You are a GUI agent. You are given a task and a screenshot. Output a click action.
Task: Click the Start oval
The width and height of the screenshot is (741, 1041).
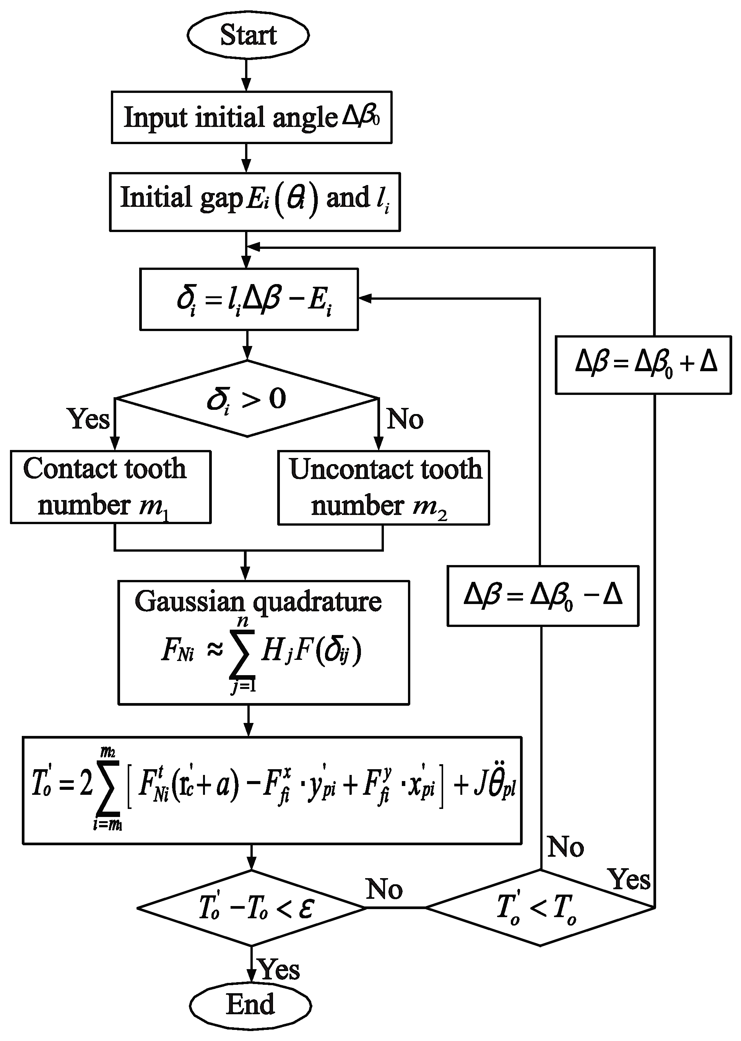pyautogui.click(x=248, y=35)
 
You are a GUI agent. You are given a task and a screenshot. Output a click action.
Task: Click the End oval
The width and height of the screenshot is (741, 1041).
pyautogui.click(x=250, y=1004)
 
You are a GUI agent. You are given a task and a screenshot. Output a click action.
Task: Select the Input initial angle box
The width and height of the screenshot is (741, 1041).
pyautogui.click(x=252, y=117)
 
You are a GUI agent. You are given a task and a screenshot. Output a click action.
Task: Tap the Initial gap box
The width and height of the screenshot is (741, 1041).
pyautogui.click(x=255, y=201)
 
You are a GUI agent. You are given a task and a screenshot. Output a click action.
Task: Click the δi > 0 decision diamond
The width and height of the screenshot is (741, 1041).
pyautogui.click(x=247, y=399)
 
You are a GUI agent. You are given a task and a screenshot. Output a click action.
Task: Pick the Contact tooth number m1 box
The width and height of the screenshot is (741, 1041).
pyautogui.click(x=110, y=487)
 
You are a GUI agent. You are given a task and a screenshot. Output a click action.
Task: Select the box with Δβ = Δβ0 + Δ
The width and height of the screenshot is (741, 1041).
pyautogui.click(x=642, y=364)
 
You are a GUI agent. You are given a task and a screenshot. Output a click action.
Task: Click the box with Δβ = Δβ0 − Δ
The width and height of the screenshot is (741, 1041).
pyautogui.click(x=543, y=596)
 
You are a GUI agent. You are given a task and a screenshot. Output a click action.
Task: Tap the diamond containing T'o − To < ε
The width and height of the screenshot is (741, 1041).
pyautogui.click(x=252, y=908)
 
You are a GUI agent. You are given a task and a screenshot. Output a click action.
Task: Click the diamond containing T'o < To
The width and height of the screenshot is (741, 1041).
pyautogui.click(x=540, y=908)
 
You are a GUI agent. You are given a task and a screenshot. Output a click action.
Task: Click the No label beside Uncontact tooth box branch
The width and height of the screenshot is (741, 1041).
pyautogui.click(x=405, y=419)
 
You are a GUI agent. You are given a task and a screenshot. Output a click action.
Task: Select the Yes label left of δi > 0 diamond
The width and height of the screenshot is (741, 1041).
pyautogui.click(x=89, y=418)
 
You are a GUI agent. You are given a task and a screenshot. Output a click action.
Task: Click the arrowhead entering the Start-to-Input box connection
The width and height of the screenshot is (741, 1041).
pyautogui.click(x=246, y=85)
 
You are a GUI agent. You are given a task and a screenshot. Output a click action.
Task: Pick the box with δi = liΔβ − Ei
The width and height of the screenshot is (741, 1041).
pyautogui.click(x=249, y=299)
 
